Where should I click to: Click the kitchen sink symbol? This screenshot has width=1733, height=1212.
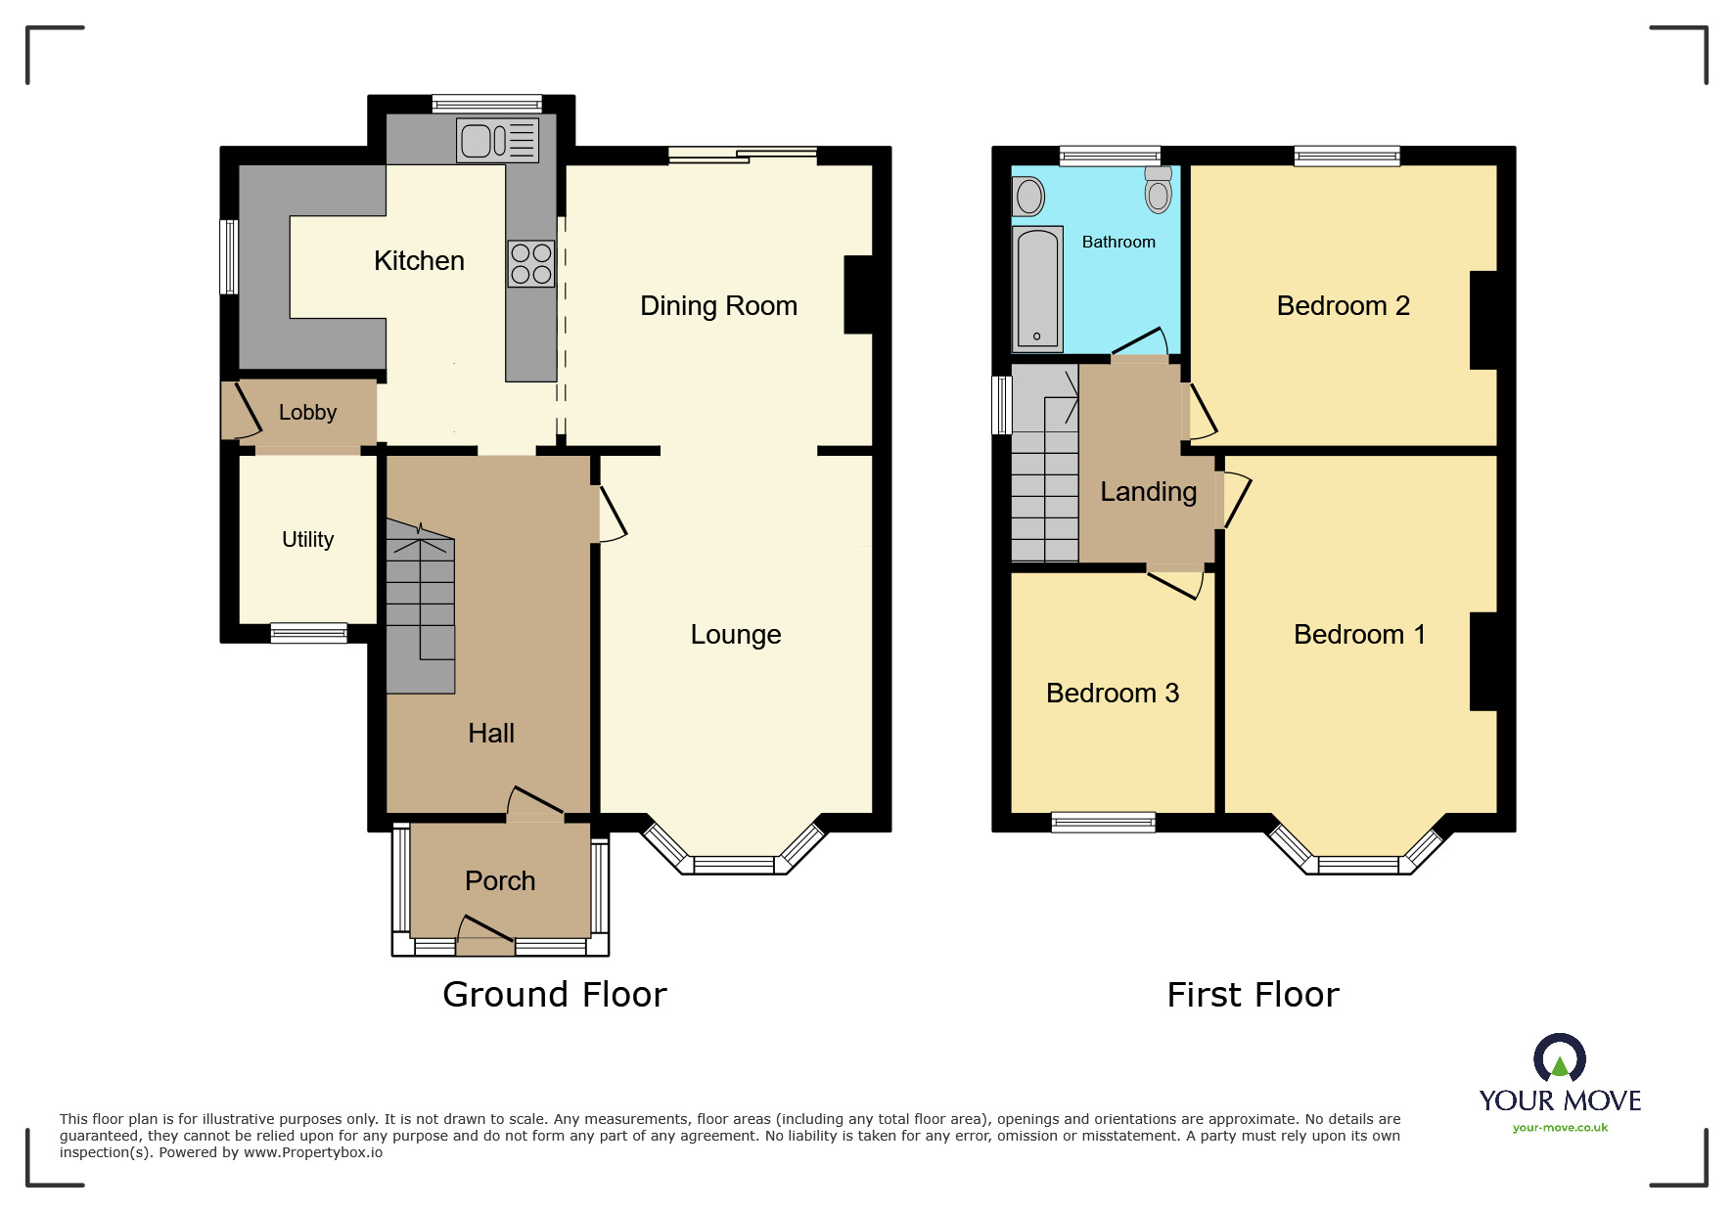click(x=497, y=140)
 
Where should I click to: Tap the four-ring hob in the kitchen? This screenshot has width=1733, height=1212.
click(x=531, y=263)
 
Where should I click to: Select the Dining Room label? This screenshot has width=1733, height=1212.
click(x=718, y=306)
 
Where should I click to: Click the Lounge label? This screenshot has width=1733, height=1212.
click(x=736, y=635)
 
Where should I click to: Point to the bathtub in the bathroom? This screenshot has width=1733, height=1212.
click(x=1037, y=288)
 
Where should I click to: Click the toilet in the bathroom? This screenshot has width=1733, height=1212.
click(x=1159, y=190)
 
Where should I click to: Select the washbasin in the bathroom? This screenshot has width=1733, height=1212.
click(x=1028, y=197)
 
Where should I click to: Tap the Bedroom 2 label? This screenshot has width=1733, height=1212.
click(x=1343, y=306)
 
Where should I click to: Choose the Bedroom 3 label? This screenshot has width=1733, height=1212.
click(x=1113, y=694)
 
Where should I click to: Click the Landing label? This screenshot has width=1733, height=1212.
click(x=1148, y=492)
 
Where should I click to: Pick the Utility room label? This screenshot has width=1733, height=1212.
click(x=307, y=540)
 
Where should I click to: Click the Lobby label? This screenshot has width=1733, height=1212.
click(x=307, y=413)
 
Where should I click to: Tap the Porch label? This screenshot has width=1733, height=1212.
click(x=500, y=881)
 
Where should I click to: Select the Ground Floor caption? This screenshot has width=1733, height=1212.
click(x=555, y=995)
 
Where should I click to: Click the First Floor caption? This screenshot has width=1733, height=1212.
click(x=1253, y=995)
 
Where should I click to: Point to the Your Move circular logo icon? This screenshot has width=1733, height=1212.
click(x=1560, y=1058)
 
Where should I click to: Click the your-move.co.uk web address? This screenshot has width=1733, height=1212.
click(x=1560, y=1128)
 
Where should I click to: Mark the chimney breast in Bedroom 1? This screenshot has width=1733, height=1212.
click(x=1483, y=661)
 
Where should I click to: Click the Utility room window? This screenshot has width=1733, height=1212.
click(x=308, y=633)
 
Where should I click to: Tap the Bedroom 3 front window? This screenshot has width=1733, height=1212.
click(x=1103, y=823)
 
